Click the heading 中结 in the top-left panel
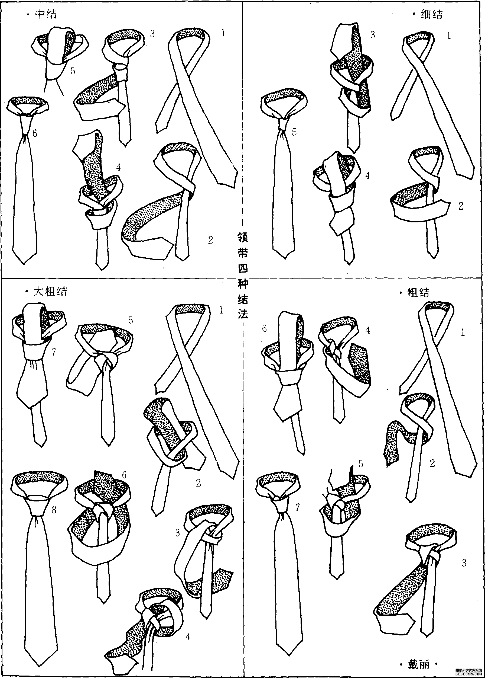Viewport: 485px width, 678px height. pyautogui.click(x=46, y=14)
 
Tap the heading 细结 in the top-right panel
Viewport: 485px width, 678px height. pyautogui.click(x=432, y=14)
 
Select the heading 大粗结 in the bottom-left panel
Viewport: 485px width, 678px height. pyautogui.click(x=50, y=291)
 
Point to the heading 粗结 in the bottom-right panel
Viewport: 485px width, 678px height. pyautogui.click(x=418, y=292)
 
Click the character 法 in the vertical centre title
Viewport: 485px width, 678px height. pyautogui.click(x=243, y=314)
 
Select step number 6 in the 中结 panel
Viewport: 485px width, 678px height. pyautogui.click(x=35, y=133)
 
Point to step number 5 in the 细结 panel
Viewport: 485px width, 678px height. pyautogui.click(x=294, y=132)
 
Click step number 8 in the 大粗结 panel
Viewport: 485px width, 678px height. pyautogui.click(x=54, y=509)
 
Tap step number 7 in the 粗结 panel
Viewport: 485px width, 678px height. pyautogui.click(x=297, y=507)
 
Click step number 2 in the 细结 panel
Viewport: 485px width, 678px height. pyautogui.click(x=461, y=206)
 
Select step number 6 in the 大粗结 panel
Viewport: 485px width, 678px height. pyautogui.click(x=124, y=475)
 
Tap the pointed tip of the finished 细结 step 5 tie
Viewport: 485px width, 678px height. pyautogui.click(x=285, y=258)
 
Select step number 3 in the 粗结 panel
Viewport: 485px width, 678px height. pyautogui.click(x=464, y=563)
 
